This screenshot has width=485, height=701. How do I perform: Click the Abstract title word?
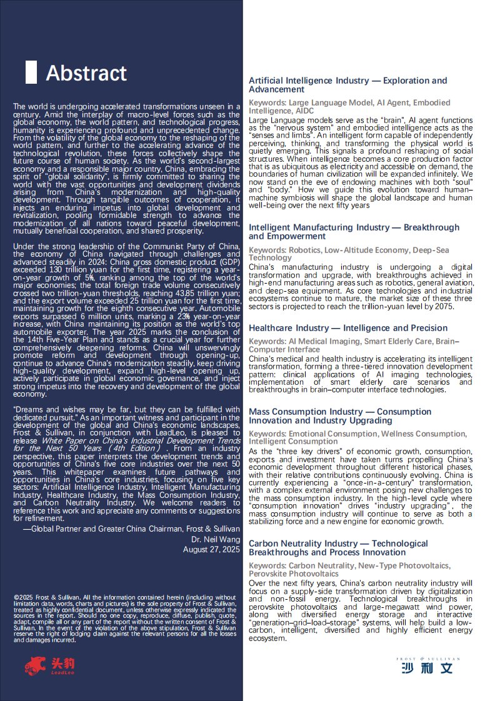tap(86, 73)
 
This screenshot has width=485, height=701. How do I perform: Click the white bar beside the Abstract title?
tap(31, 72)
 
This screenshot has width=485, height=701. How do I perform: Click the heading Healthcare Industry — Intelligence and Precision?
tap(348, 328)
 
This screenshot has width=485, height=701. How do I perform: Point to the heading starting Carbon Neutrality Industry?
tap(338, 548)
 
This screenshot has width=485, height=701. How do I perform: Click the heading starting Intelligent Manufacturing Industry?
tap(354, 232)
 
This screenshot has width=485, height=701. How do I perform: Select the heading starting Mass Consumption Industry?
tap(340, 416)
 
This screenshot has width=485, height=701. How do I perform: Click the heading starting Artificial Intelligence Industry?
tap(347, 85)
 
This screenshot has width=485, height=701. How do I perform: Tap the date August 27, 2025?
tap(211, 549)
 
